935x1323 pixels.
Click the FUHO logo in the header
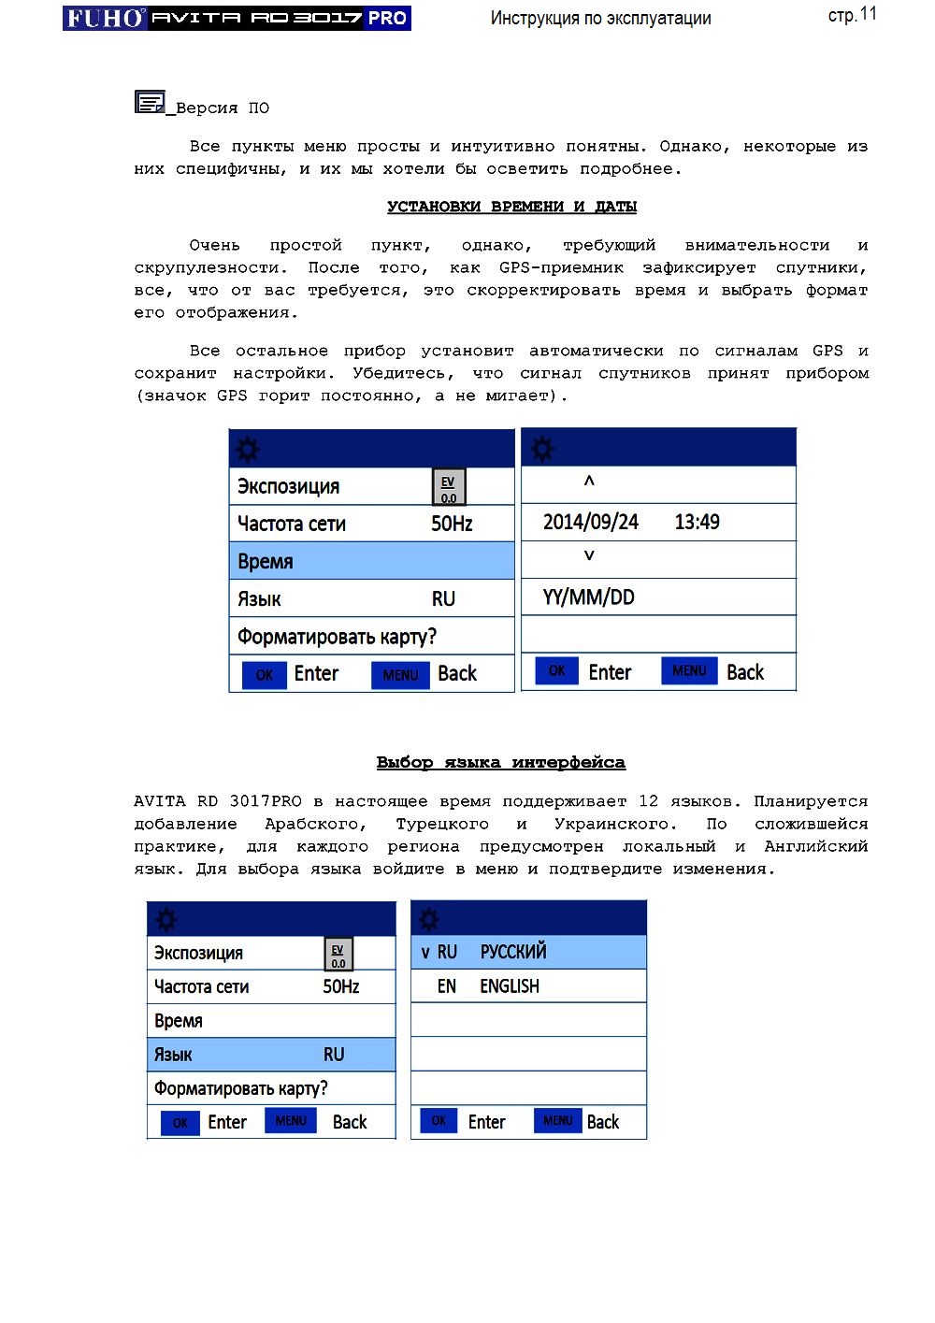(105, 18)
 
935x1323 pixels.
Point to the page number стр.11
(852, 15)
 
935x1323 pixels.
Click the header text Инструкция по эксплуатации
(600, 18)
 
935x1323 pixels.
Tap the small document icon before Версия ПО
(150, 102)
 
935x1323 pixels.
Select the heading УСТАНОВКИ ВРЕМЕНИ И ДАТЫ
(511, 207)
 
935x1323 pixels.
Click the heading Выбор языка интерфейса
(500, 762)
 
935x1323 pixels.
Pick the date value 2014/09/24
(590, 522)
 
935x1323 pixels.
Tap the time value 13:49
(697, 522)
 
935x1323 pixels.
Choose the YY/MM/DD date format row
(589, 597)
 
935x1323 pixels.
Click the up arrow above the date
(589, 482)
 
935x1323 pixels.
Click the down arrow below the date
(589, 555)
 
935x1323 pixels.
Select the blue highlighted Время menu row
(371, 561)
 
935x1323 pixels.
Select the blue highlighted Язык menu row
(271, 1055)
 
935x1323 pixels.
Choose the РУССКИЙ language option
(512, 952)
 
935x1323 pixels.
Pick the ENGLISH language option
(509, 986)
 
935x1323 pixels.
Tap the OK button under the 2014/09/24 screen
(556, 670)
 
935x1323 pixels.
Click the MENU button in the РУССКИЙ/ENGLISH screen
(557, 1120)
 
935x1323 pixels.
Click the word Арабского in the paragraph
(315, 824)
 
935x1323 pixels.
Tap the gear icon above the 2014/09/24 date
(542, 450)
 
